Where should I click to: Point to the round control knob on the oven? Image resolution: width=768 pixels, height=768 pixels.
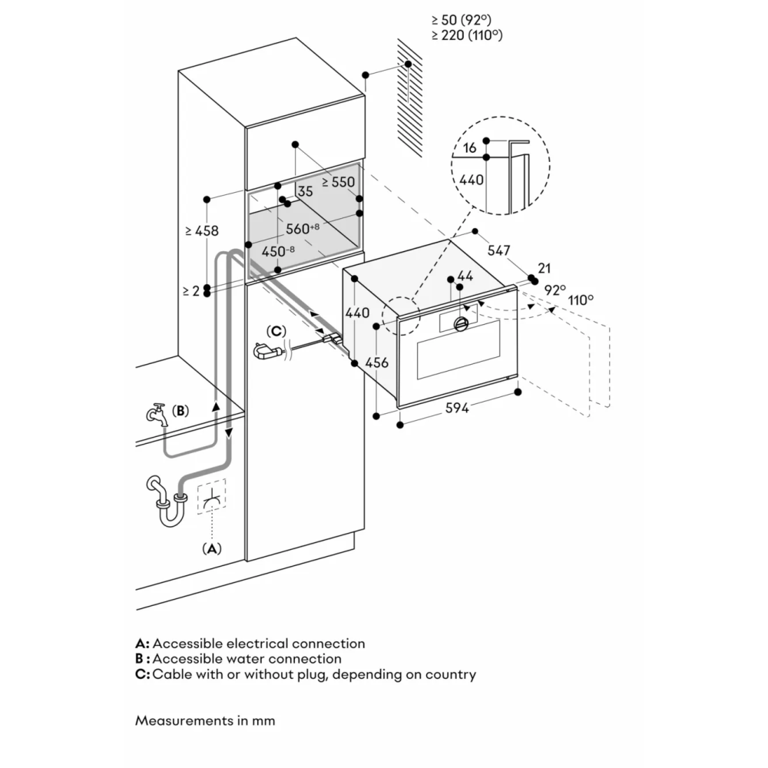[462, 324]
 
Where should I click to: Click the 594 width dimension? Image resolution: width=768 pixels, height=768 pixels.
[458, 409]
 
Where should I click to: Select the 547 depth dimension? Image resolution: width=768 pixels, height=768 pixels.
[500, 250]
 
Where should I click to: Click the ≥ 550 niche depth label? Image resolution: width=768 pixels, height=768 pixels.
[339, 183]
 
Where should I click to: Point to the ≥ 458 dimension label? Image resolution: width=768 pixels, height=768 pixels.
[201, 230]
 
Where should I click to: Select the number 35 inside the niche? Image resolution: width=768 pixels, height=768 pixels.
[305, 192]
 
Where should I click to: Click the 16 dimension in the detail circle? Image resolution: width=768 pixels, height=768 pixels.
[471, 147]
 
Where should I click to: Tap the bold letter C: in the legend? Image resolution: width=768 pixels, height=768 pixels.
[141, 674]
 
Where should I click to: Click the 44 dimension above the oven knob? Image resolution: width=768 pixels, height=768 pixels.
[466, 276]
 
